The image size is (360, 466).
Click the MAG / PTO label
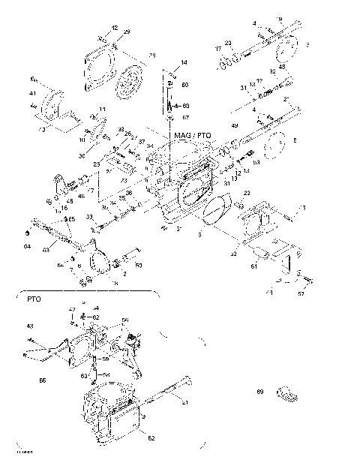tap(192, 135)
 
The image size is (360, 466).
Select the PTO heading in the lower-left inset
tap(33, 299)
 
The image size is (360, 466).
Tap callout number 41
tap(32, 94)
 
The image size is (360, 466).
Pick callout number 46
tap(81, 197)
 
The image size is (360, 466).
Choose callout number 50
tap(139, 264)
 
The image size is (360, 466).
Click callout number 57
tap(301, 295)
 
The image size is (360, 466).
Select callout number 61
tap(253, 266)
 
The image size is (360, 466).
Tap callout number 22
tap(245, 194)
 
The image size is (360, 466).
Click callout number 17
tap(219, 50)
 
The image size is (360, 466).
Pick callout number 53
tap(256, 161)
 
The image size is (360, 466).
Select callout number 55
tap(123, 197)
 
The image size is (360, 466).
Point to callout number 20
tap(228, 43)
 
